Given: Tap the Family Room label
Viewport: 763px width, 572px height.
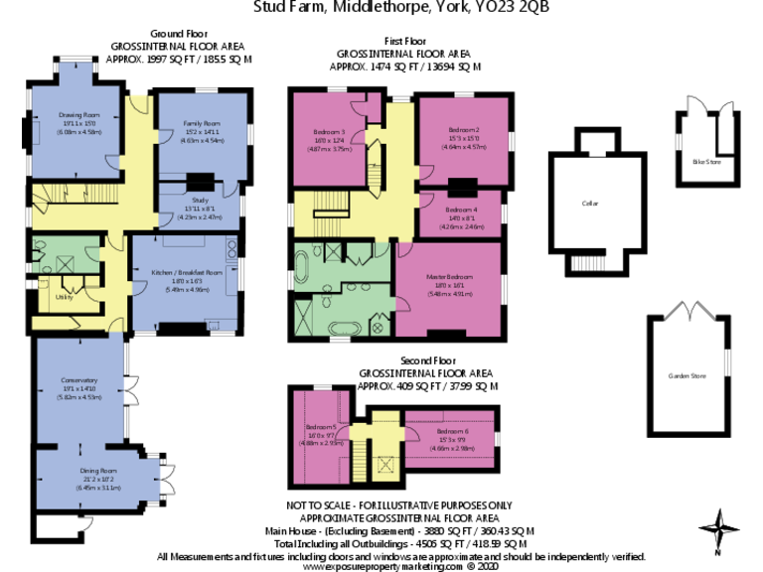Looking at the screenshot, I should (200, 123).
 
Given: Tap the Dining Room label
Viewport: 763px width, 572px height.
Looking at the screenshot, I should (97, 471).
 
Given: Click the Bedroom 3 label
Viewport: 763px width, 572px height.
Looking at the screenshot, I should (330, 132).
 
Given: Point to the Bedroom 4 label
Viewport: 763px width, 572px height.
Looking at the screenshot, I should (463, 210).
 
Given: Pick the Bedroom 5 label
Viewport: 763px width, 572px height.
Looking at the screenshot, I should (321, 425).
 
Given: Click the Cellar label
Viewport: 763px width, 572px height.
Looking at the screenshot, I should (590, 203).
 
